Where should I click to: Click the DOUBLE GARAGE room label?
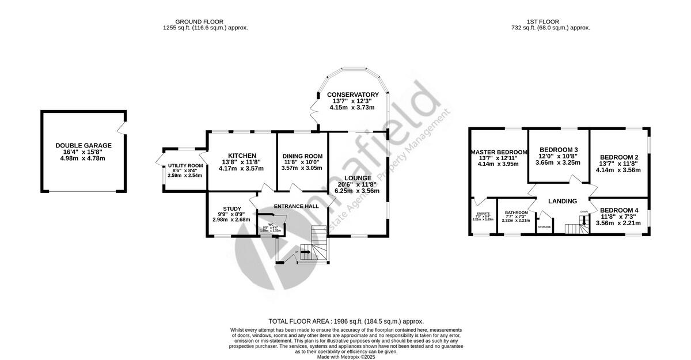tap(83, 146)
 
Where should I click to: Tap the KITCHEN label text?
tap(242, 156)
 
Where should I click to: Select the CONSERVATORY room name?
tap(352, 94)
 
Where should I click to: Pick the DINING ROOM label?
tap(302, 156)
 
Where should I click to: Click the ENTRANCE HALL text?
tap(296, 206)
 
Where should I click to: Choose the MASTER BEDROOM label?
tap(499, 152)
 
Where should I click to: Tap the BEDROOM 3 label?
tap(558, 150)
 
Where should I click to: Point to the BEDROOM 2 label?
tap(619, 157)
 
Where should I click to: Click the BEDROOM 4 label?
tap(619, 210)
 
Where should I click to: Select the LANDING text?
tap(562, 201)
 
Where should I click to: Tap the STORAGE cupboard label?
tap(544, 227)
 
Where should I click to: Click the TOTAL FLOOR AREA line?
tap(346, 321)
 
